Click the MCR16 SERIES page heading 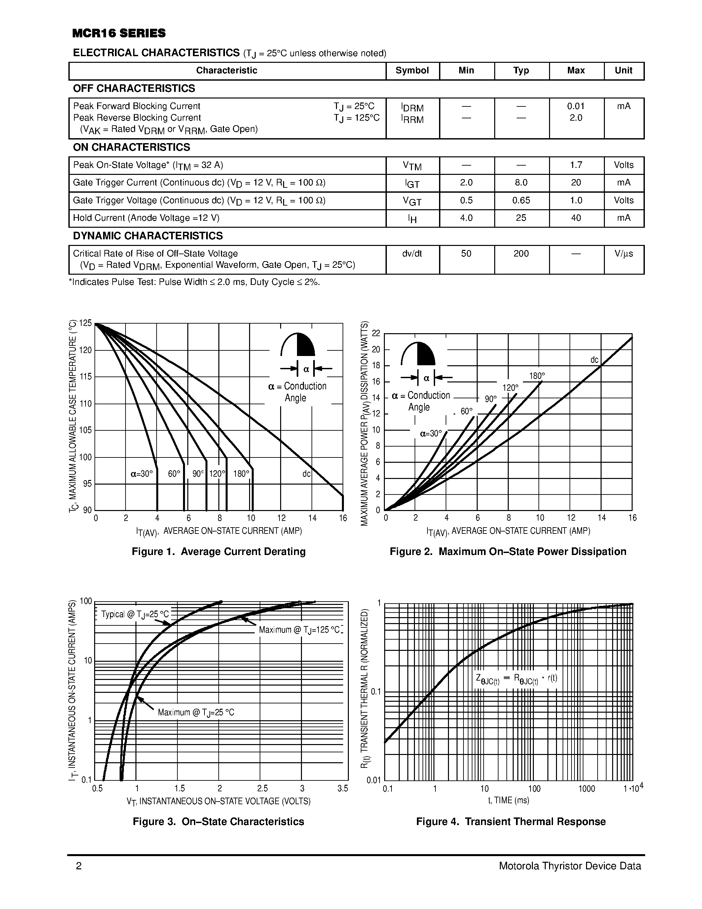tap(119, 33)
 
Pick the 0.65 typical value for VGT tap(521, 201)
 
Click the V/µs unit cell tap(623, 254)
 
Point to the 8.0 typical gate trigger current tap(521, 183)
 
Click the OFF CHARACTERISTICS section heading tap(134, 89)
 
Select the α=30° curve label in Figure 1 tap(142, 474)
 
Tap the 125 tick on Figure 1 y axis tap(85, 323)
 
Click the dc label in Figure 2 tap(594, 360)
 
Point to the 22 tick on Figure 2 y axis tap(376, 334)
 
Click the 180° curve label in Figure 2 tap(536, 376)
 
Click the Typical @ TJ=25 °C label tap(135, 615)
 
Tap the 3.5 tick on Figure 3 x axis tap(343, 789)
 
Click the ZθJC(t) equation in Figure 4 tap(516, 679)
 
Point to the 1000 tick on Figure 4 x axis tap(586, 789)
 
